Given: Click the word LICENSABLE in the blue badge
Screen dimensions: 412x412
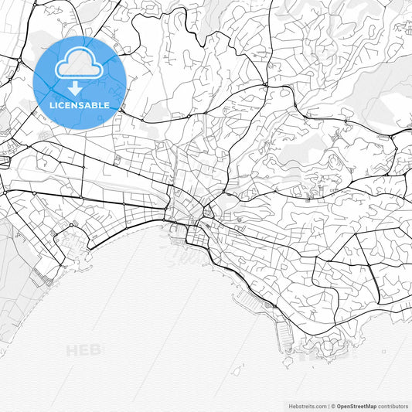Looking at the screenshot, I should [80, 105].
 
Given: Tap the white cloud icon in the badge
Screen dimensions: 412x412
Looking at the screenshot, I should [80, 63].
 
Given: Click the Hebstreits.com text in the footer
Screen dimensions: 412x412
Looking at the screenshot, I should [306, 406].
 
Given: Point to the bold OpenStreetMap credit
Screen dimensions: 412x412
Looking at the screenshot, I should [356, 406].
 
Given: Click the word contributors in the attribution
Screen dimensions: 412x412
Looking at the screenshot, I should [393, 406].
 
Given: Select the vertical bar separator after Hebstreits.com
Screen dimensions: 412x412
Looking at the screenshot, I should [329, 406].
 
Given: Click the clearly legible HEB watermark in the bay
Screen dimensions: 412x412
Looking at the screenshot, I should [84, 350].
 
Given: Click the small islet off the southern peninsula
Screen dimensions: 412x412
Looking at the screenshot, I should [288, 359].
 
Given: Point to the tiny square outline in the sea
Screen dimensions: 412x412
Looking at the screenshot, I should [383, 354].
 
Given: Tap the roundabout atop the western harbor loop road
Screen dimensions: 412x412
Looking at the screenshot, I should [71, 225].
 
